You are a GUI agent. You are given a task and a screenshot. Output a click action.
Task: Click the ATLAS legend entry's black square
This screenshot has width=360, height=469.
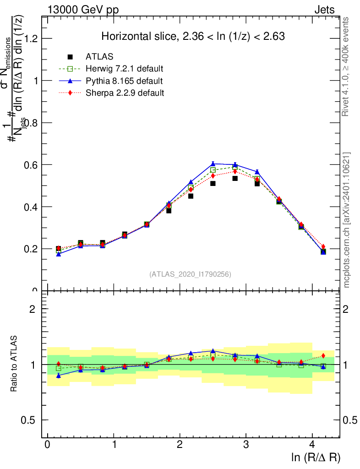pos(70,57)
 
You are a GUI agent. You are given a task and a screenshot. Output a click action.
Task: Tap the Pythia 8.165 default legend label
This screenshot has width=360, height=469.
pos(124,81)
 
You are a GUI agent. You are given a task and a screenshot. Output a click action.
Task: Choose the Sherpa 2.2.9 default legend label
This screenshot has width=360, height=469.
pos(125,93)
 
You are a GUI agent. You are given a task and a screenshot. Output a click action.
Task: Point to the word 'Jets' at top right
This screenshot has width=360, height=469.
pos(324,10)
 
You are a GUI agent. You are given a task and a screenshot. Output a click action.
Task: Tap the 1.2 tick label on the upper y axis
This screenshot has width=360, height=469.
pos(32,38)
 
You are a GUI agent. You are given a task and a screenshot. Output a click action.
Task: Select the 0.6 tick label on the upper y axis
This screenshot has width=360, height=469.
pos(32,165)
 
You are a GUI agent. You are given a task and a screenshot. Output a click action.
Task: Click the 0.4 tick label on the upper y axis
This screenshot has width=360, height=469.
pos(32,207)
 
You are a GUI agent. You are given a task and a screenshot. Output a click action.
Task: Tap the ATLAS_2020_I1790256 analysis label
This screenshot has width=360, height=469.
pos(190,274)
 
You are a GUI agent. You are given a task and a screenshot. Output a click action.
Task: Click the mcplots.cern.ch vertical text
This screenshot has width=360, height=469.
pos(347,220)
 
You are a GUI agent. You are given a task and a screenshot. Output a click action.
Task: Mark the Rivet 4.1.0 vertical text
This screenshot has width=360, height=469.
pos(347,66)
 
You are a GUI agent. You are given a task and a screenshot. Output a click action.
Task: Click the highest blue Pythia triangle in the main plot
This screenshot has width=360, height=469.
pos(213,164)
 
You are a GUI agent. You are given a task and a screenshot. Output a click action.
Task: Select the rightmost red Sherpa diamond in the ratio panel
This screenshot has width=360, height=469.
pos(323,355)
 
